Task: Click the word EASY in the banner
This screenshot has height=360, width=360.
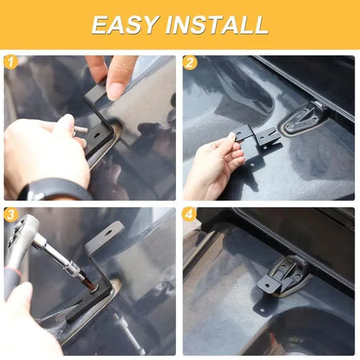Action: click(125, 25)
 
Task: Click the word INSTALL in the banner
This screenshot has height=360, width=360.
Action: click(217, 25)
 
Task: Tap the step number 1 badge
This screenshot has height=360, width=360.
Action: click(10, 63)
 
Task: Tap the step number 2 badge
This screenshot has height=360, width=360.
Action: click(190, 63)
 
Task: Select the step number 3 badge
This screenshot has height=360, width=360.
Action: click(10, 214)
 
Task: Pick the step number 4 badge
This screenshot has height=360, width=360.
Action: click(190, 214)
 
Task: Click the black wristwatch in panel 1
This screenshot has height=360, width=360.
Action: click(54, 190)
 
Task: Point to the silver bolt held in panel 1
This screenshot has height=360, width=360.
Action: click(80, 130)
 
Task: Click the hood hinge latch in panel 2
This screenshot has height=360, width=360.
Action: click(302, 118)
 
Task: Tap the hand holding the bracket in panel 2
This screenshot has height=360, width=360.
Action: click(214, 166)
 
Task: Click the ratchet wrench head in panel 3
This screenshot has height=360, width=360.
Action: click(20, 230)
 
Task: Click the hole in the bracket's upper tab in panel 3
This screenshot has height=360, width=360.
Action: click(109, 232)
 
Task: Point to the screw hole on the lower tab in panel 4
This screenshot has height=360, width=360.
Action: click(262, 310)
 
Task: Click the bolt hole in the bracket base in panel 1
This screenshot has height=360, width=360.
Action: click(96, 134)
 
